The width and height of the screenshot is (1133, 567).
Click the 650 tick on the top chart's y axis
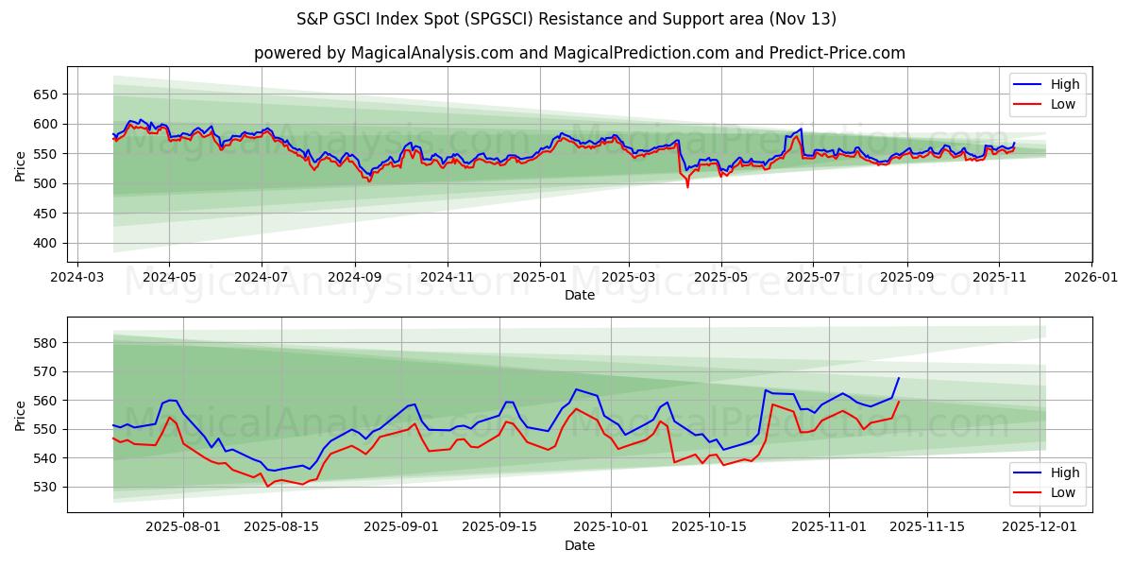(46, 94)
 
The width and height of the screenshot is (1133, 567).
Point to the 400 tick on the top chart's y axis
(46, 243)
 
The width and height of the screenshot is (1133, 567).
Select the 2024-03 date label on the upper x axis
(76, 279)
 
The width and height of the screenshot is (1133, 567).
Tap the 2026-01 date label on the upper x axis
(1091, 279)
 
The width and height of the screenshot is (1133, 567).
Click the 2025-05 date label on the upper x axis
(721, 279)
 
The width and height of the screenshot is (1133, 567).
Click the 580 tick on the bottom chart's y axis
(46, 343)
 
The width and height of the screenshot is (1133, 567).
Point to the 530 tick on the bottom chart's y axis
(46, 487)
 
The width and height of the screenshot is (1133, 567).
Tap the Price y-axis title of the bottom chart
(21, 414)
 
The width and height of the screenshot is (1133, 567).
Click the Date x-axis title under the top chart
(580, 295)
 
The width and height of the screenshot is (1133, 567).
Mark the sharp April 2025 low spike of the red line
(687, 186)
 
